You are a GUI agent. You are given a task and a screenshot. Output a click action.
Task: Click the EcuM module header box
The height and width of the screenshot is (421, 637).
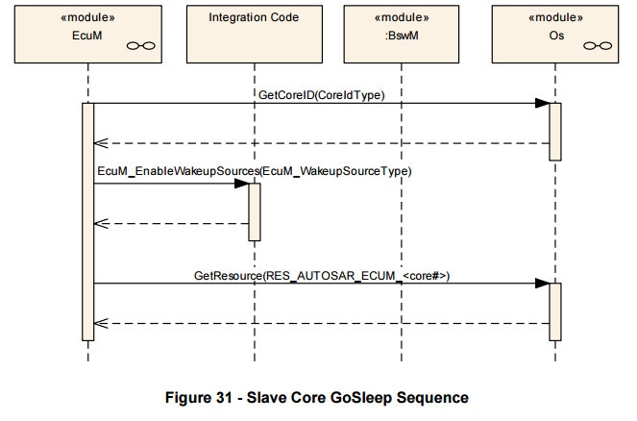click(x=88, y=35)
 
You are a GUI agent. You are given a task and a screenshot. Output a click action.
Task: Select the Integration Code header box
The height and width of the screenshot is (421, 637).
click(x=255, y=35)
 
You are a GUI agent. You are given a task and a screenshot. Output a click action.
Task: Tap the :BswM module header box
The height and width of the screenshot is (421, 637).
click(x=402, y=35)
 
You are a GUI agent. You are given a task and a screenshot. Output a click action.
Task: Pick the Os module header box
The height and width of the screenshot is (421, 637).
click(x=555, y=35)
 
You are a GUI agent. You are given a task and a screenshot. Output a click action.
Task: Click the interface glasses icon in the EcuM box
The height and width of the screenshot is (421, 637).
click(x=141, y=45)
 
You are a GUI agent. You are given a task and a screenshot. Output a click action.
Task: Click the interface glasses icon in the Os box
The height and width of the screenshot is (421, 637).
click(x=598, y=45)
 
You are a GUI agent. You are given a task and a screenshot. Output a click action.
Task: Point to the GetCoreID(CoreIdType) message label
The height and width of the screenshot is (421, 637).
click(x=321, y=95)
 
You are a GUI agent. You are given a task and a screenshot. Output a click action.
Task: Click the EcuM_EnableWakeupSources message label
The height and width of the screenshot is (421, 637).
click(x=255, y=171)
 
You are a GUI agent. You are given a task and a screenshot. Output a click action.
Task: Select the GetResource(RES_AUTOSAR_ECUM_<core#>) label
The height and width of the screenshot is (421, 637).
click(x=322, y=276)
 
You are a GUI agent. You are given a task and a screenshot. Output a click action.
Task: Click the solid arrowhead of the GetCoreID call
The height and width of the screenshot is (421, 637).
click(x=542, y=103)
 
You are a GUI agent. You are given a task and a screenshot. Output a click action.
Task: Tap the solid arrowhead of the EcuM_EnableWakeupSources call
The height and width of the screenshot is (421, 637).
click(x=242, y=184)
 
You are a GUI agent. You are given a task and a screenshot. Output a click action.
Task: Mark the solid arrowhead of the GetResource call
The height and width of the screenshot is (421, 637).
click(x=542, y=284)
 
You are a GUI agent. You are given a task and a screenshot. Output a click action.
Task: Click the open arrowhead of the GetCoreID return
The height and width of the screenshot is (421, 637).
click(x=101, y=143)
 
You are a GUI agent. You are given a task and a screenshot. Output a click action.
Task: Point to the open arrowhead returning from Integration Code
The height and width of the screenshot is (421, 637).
click(x=101, y=224)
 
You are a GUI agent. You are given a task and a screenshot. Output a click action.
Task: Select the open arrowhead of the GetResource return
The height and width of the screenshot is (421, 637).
click(x=101, y=324)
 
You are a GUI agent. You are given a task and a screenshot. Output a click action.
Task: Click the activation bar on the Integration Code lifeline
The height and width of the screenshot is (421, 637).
click(x=255, y=212)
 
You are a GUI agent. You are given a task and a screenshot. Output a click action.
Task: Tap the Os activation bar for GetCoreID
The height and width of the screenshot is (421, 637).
click(x=555, y=132)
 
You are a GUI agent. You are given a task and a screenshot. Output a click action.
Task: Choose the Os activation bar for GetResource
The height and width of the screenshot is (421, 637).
click(x=555, y=311)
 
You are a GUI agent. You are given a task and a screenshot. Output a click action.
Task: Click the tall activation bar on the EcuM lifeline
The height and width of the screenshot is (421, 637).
click(x=88, y=222)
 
